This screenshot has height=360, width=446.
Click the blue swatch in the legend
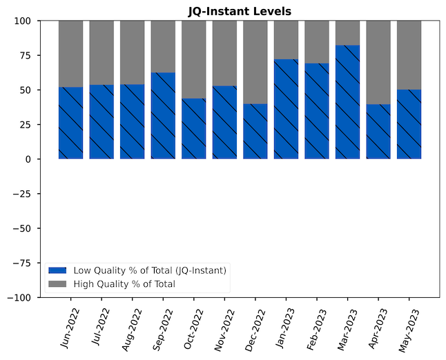[x=57, y=270]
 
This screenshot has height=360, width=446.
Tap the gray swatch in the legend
[x=57, y=284]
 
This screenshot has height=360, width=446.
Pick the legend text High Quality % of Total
[x=124, y=284]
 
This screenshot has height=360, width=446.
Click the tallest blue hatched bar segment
[x=347, y=102]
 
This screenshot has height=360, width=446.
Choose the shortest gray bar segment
[x=347, y=33]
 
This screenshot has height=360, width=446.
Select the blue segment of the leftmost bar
[x=70, y=123]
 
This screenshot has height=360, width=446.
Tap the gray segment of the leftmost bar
[x=70, y=54]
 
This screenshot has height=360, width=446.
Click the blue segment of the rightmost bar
[x=409, y=124]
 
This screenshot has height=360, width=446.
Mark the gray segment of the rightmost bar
[x=409, y=55]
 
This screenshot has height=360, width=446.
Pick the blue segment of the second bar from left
[x=101, y=121]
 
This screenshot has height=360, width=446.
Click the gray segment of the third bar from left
[x=132, y=52]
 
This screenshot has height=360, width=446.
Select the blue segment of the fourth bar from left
[x=163, y=116]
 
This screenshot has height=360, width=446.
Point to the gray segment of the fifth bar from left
[x=193, y=59]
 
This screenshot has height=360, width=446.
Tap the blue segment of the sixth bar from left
[x=224, y=122]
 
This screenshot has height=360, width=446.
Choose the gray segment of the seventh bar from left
[x=255, y=62]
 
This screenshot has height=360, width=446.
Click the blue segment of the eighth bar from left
[x=286, y=109]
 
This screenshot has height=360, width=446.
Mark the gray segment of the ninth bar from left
[x=316, y=42]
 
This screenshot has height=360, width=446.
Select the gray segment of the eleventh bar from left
[x=378, y=62]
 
